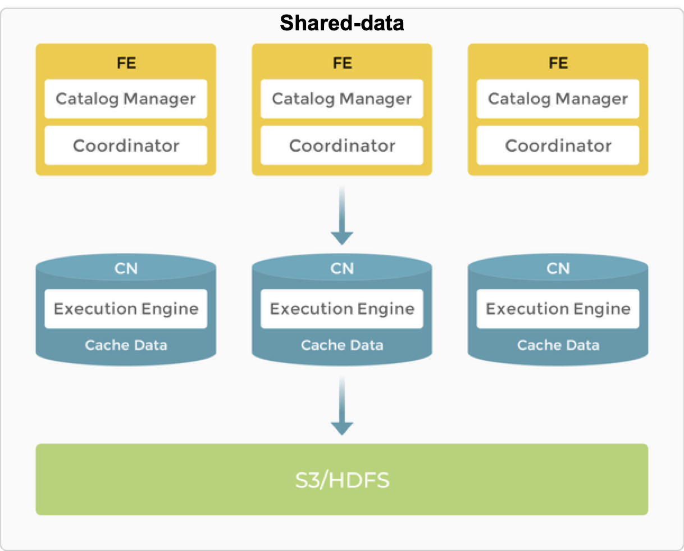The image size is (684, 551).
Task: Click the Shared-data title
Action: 342,23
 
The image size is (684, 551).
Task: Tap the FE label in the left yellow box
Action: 126,62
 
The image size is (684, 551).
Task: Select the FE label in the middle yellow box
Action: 342,62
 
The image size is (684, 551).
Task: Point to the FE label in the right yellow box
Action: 558,62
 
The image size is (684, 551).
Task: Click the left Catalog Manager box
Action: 126,99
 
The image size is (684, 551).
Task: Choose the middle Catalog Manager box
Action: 342,99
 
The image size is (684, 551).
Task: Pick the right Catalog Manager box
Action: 558,99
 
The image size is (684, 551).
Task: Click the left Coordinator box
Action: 126,146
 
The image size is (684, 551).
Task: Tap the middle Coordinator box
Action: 342,146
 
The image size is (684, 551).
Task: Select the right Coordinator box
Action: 558,146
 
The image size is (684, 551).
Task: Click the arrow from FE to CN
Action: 342,216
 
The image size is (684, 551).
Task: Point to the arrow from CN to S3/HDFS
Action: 342,406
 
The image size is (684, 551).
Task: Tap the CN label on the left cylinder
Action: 126,269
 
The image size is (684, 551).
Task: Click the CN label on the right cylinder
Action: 558,269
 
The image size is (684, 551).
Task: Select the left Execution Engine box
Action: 126,309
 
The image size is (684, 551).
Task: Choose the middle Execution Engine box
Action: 342,309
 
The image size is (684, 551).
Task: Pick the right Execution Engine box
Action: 558,309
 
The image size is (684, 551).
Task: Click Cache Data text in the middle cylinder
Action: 342,345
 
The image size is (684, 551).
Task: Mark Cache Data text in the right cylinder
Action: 558,345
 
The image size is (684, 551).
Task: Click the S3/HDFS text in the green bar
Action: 342,480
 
